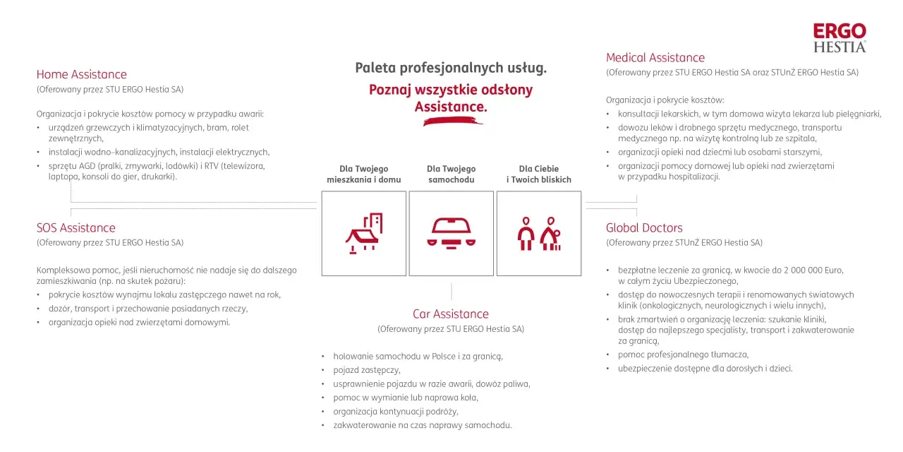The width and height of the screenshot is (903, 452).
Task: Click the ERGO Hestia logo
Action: click(x=840, y=38)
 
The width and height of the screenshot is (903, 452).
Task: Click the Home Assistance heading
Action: click(x=81, y=74)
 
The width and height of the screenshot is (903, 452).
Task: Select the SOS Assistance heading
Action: click(x=75, y=227)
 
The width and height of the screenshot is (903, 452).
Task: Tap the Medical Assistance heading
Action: click(x=655, y=57)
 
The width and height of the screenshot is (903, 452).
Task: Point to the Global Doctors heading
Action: click(x=644, y=227)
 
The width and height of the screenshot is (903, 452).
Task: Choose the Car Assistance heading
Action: click(x=451, y=314)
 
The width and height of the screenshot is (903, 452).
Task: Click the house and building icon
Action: click(x=363, y=233)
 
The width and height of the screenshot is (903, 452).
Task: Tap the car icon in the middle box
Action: click(x=451, y=233)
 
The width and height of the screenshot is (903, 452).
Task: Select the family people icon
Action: click(x=539, y=233)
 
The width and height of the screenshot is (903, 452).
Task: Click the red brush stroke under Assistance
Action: click(x=452, y=121)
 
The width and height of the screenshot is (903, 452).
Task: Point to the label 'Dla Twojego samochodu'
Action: click(x=451, y=174)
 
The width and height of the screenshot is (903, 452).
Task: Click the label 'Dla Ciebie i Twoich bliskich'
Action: click(x=539, y=174)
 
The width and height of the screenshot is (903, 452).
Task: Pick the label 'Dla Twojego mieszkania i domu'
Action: click(x=363, y=174)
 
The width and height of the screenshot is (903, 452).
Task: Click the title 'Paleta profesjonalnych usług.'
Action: click(x=451, y=68)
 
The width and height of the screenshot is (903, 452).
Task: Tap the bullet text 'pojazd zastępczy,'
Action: click(x=367, y=370)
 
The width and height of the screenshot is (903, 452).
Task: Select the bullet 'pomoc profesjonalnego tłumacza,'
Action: click(x=684, y=355)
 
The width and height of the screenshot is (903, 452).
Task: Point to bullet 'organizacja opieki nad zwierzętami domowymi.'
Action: click(x=139, y=322)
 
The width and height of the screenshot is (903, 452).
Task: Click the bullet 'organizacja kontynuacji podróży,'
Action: click(x=396, y=411)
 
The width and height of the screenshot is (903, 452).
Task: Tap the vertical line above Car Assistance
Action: click(x=451, y=292)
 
